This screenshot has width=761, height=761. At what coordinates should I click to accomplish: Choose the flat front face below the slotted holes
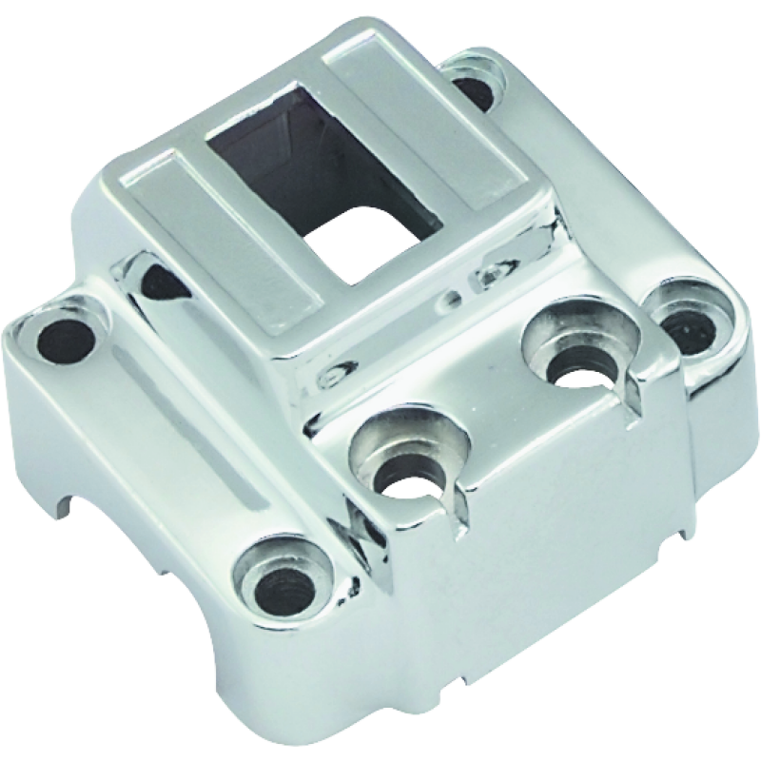[533, 542]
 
